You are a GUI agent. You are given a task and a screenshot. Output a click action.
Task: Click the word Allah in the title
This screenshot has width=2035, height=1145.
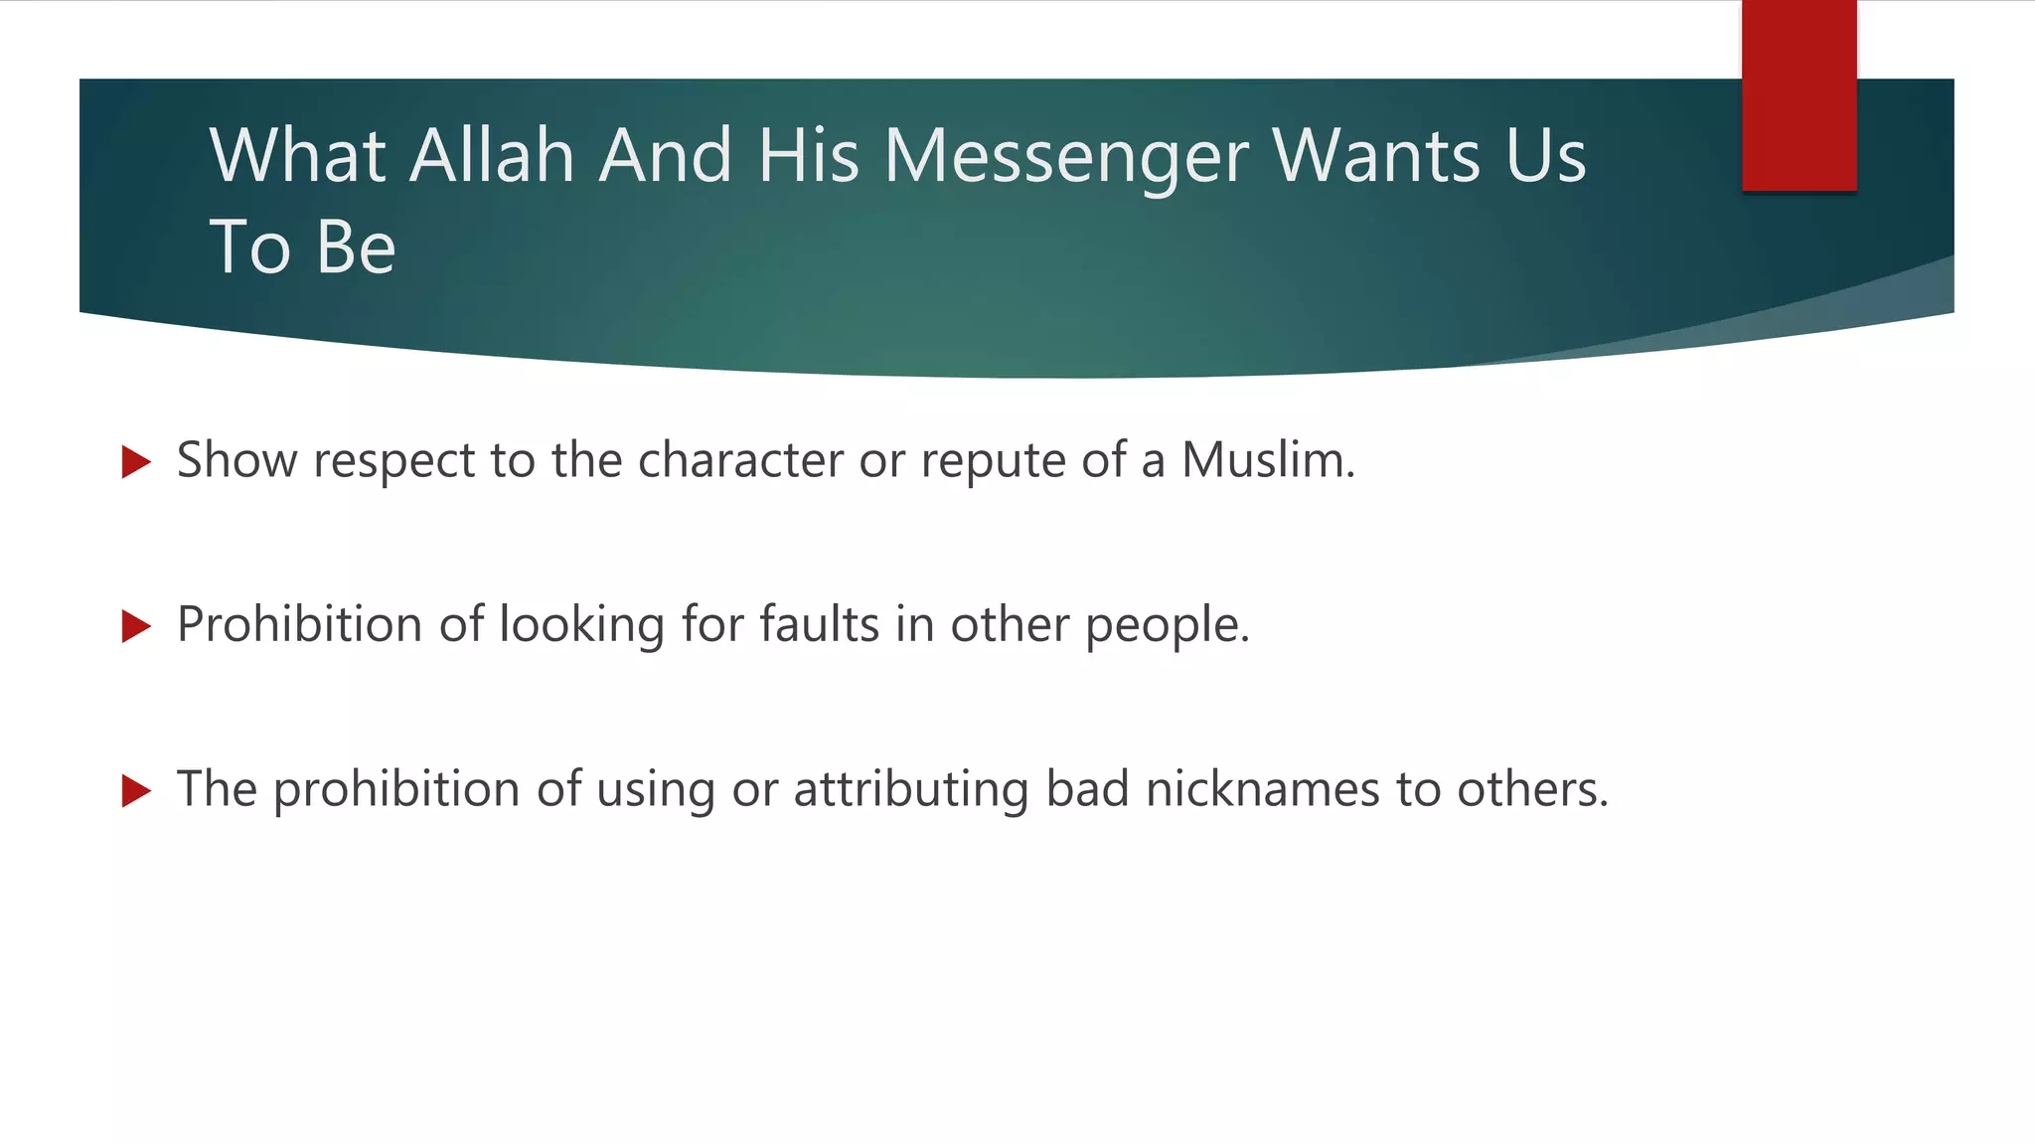492,156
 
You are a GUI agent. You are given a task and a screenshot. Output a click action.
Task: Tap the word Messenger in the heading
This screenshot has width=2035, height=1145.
1066,158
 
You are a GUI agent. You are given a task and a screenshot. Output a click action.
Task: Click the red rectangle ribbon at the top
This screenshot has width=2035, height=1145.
1799,95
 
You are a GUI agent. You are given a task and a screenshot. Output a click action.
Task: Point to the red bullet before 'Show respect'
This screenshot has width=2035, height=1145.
136,461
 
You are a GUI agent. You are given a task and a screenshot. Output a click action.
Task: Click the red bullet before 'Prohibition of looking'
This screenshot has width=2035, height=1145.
136,626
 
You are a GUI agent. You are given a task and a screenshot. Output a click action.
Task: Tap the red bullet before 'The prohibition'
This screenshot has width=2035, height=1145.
136,791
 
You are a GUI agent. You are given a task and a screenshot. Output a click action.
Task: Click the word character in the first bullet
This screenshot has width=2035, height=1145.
740,460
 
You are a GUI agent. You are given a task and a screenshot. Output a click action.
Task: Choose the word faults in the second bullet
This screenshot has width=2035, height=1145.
820,624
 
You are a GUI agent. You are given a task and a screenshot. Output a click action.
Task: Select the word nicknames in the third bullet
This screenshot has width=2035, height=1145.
1262,789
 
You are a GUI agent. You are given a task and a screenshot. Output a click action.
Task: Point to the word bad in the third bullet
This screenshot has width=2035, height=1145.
1087,789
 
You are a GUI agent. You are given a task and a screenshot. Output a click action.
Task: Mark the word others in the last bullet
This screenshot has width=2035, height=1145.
1531,789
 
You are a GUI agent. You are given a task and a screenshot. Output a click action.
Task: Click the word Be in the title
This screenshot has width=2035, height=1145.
356,247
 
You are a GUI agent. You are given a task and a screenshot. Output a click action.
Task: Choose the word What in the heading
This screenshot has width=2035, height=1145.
298,156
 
